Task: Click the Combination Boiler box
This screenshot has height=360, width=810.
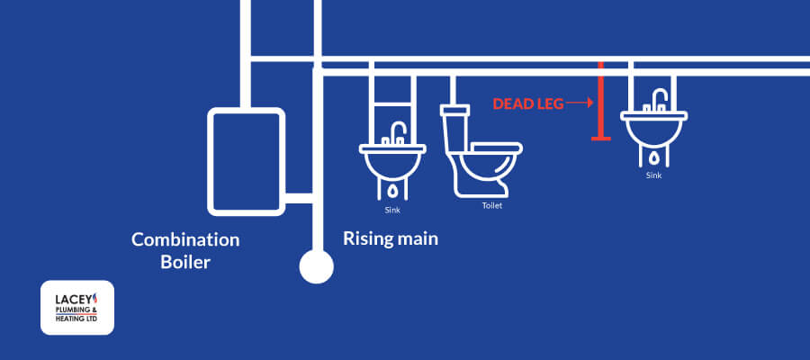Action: click(x=246, y=161)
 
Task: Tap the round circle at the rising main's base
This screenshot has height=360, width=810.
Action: click(x=316, y=266)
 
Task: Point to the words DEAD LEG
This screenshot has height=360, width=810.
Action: click(x=527, y=104)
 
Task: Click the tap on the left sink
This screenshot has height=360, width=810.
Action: click(x=395, y=132)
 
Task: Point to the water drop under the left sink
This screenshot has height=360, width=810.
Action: click(x=393, y=192)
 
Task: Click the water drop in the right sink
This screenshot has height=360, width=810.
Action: click(x=654, y=157)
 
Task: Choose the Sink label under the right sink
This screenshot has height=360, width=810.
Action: click(x=654, y=175)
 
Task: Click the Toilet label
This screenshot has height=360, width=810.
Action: click(x=491, y=206)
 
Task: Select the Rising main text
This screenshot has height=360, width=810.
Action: click(x=391, y=239)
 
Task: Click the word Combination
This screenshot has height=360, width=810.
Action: click(x=185, y=240)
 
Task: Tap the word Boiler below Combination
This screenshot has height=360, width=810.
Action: click(x=184, y=263)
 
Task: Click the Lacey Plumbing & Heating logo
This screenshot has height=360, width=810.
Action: click(x=77, y=307)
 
